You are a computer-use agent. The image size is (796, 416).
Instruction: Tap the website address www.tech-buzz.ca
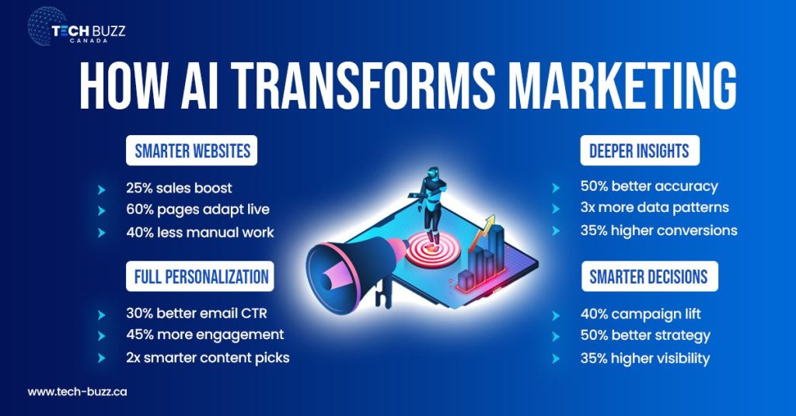click(77, 392)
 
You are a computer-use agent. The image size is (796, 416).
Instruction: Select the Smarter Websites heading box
click(192, 151)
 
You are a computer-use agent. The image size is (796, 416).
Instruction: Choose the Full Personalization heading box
click(201, 276)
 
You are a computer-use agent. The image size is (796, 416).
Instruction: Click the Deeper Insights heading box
click(639, 151)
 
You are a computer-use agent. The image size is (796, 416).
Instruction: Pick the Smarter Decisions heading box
click(648, 276)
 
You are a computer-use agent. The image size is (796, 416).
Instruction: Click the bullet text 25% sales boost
click(179, 188)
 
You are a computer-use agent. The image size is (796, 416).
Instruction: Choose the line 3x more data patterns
click(654, 208)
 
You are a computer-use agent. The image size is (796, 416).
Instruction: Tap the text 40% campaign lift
click(640, 314)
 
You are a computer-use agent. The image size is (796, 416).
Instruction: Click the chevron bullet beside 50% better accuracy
click(555, 187)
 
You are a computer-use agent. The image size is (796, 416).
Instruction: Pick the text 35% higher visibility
click(644, 359)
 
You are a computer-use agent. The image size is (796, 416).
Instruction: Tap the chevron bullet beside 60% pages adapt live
click(100, 210)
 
